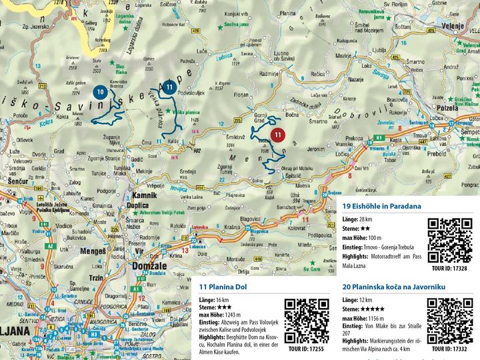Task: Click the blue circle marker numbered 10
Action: [x=99, y=91]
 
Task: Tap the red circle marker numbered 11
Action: [x=279, y=135]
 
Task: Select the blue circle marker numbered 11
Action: [x=170, y=87]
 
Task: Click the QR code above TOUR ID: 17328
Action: [x=450, y=241]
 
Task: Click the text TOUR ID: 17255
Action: [x=307, y=349]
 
